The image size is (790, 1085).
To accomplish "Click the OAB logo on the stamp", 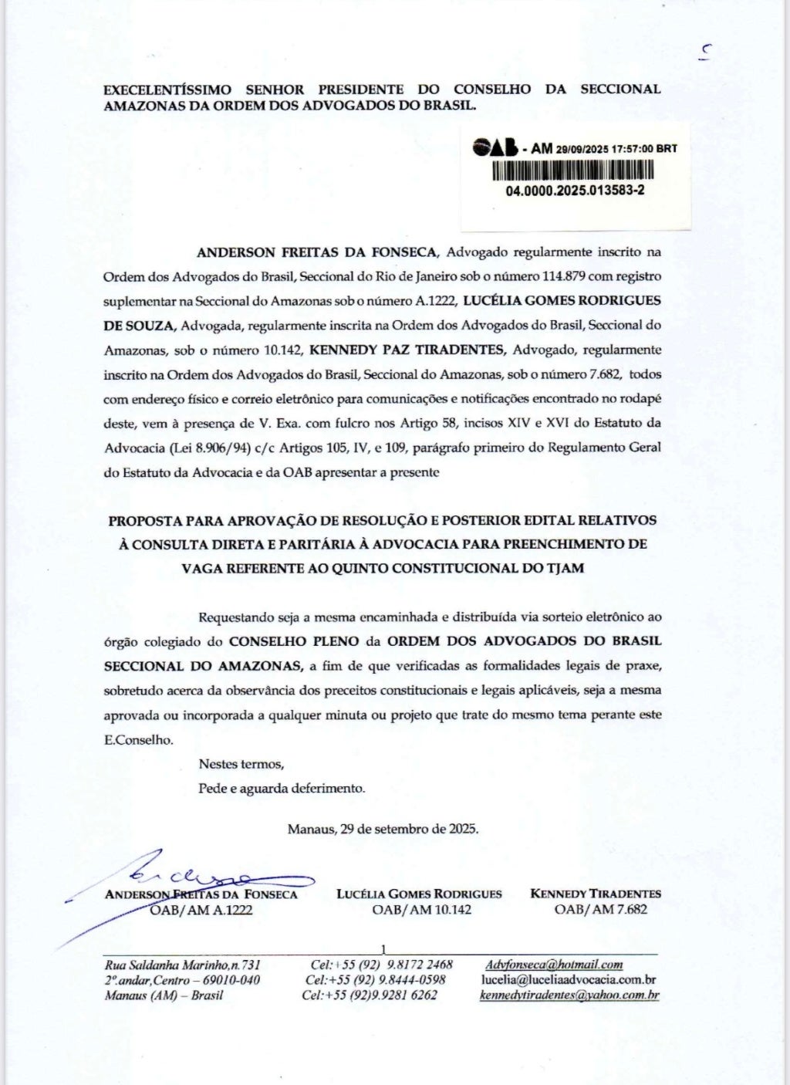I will click(x=495, y=148).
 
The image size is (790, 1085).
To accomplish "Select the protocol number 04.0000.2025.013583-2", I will click(x=576, y=191).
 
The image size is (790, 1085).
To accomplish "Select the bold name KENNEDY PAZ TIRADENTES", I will click(x=407, y=350).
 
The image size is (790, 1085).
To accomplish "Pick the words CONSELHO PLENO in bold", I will click(x=295, y=641).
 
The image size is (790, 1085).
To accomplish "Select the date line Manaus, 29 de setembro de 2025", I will click(x=383, y=830).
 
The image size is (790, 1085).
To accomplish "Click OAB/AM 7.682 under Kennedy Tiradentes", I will click(x=600, y=910).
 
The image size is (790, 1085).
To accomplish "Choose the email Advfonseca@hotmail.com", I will click(x=554, y=965).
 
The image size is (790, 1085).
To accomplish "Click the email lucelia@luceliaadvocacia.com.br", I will click(x=569, y=980).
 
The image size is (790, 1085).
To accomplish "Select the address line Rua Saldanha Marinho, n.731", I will click(x=183, y=965).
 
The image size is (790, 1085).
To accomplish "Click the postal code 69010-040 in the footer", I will click(x=231, y=980).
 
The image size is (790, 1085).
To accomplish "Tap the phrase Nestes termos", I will click(x=241, y=765).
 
